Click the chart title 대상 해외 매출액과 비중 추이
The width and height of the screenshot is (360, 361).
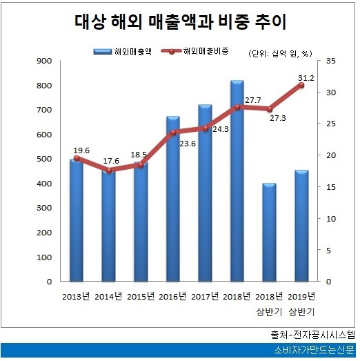point(180,21)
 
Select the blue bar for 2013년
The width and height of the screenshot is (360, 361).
point(75,221)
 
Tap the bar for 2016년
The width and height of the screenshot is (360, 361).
point(172,200)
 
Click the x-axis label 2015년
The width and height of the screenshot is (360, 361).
point(140,297)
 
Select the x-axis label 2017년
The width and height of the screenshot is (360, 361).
point(205,297)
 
